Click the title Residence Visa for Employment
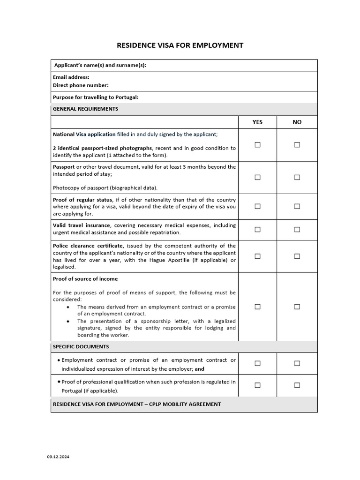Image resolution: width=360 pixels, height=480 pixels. point(180,45)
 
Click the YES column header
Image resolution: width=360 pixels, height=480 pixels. point(257,122)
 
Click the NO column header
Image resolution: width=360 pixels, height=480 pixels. point(297,122)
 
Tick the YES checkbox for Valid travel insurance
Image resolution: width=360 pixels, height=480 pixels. point(257,229)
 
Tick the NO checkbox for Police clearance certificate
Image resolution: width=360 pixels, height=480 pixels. point(297,256)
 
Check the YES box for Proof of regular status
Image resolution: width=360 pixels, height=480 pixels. point(257,206)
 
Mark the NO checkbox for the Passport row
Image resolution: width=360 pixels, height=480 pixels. point(297,177)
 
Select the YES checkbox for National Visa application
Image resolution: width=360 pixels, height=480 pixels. point(257,145)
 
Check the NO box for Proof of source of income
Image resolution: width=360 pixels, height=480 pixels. point(297,307)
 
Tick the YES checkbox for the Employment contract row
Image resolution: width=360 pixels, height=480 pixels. point(257,363)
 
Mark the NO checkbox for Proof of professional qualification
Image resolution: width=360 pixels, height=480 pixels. point(297,385)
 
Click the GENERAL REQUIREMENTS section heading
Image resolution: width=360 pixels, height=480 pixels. point(85,109)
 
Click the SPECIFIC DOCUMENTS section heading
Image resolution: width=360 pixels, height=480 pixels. point(81,347)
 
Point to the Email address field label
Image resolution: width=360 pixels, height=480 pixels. point(71,77)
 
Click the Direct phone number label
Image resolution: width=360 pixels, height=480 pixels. point(81,85)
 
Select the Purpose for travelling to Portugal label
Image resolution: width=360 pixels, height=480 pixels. point(96,97)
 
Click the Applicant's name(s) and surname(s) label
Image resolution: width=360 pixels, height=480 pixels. point(100,65)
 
